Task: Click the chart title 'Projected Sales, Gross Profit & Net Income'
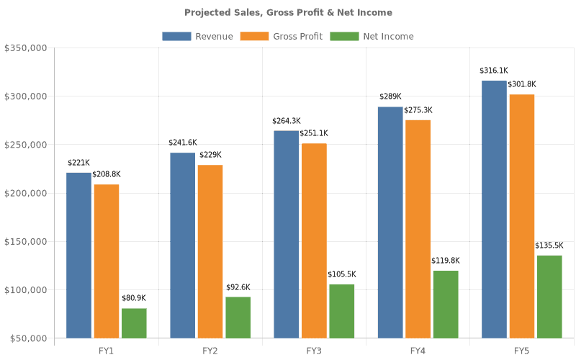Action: click(288, 12)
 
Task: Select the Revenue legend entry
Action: click(197, 36)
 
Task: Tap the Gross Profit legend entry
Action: click(282, 36)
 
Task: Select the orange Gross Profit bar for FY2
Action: click(210, 251)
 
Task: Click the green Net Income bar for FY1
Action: click(134, 323)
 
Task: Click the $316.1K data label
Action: click(494, 71)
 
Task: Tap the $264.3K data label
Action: click(286, 121)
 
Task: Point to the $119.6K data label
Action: click(445, 261)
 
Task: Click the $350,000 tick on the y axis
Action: click(26, 48)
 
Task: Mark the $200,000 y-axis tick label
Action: click(26, 193)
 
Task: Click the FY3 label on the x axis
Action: click(314, 351)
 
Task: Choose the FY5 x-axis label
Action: click(521, 351)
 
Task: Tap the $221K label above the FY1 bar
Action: click(78, 163)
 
